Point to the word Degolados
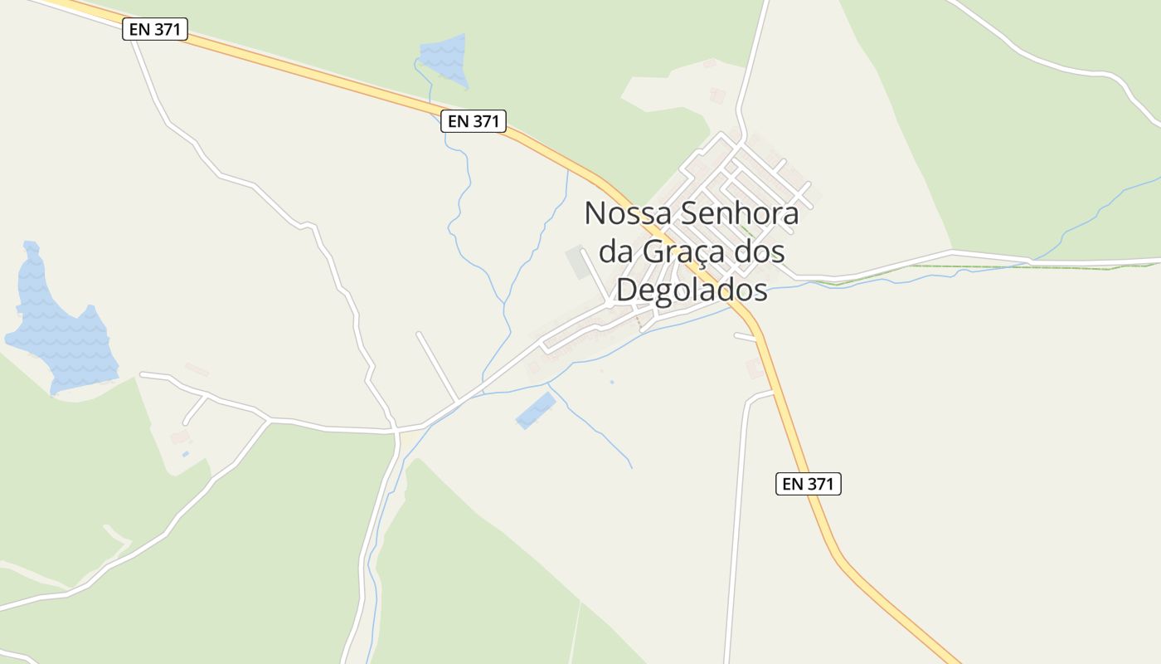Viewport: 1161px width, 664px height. point(692,290)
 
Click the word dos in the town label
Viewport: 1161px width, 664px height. point(761,251)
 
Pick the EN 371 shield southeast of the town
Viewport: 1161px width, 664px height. point(809,484)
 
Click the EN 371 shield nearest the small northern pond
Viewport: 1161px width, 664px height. point(473,121)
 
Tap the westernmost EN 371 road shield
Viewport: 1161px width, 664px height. point(156,30)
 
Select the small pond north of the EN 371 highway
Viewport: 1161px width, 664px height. point(445,58)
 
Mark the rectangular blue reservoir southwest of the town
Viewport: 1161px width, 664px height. point(536,411)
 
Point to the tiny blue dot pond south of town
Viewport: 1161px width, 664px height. point(612,382)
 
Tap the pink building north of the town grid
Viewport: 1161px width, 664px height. point(717,95)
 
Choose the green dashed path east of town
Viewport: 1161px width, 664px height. point(979,267)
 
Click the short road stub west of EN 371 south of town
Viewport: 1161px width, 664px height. point(745,336)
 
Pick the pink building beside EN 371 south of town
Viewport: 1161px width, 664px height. point(755,368)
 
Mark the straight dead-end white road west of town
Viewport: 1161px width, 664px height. point(437,367)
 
